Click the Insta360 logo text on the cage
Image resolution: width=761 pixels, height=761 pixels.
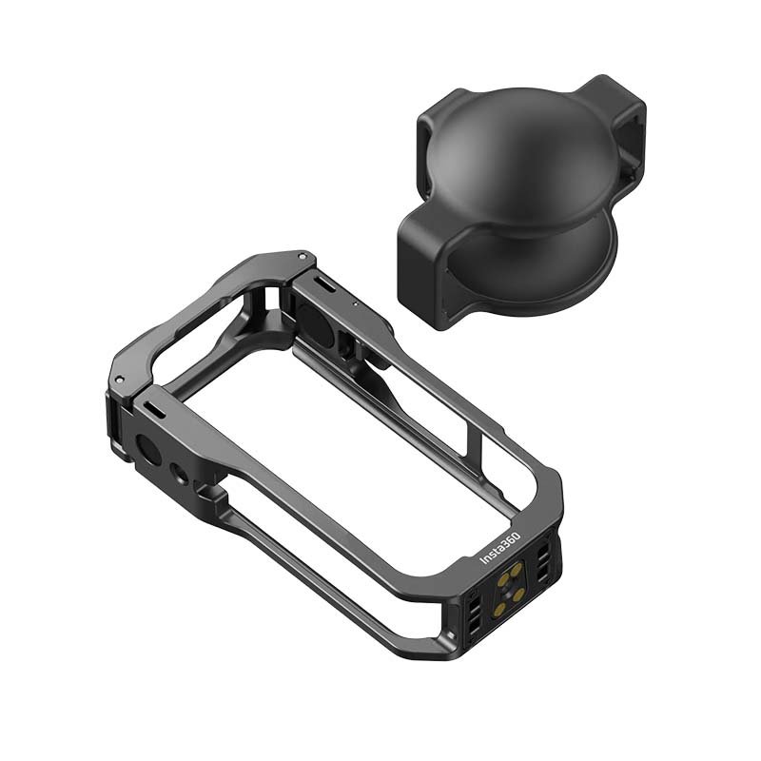[x=500, y=549]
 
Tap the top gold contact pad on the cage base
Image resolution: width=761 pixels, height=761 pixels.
[x=517, y=568]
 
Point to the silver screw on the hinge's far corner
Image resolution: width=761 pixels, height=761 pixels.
[x=302, y=256]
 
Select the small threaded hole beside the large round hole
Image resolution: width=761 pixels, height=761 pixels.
[x=178, y=473]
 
